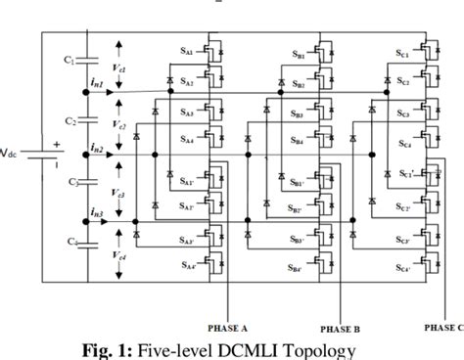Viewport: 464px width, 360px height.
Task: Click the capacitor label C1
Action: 70,60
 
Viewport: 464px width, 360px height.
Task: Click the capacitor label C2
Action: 70,122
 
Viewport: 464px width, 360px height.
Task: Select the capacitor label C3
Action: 70,183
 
